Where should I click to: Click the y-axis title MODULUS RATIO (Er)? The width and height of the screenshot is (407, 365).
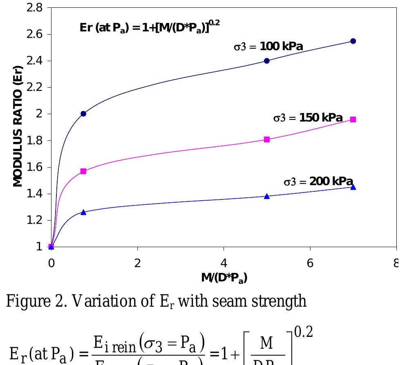(18, 126)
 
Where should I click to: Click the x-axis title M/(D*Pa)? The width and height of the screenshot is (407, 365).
(224, 278)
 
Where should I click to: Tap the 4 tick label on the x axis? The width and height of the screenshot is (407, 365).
(224, 263)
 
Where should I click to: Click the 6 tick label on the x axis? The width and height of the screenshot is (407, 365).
(310, 263)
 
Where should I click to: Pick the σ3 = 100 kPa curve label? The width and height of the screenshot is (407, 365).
(268, 46)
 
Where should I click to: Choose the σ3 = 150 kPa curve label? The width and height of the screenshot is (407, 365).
(308, 118)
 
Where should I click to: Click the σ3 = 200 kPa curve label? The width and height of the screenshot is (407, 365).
(318, 181)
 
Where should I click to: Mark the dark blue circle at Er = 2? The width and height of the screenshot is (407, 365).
(83, 114)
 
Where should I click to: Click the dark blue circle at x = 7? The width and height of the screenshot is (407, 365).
(353, 41)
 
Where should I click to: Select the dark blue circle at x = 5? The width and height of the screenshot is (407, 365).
(267, 61)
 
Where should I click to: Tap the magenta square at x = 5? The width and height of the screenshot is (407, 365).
(267, 139)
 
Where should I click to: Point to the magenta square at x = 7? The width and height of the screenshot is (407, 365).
(353, 119)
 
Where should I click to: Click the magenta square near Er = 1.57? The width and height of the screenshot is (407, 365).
(83, 171)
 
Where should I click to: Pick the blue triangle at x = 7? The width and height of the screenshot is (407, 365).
(353, 187)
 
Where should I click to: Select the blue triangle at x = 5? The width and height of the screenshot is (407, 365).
(267, 196)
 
